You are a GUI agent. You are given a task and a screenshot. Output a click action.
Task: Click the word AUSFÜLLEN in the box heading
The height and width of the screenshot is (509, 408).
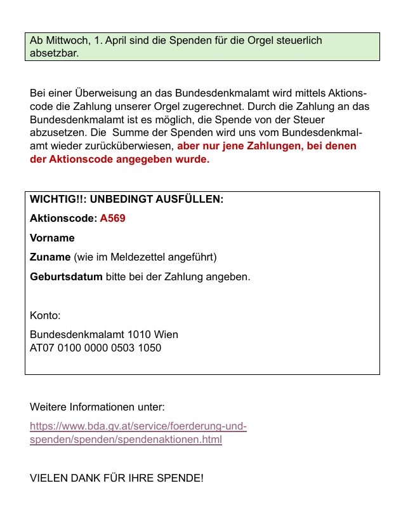192,199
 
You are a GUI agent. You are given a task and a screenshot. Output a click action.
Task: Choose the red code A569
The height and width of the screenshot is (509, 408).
113,219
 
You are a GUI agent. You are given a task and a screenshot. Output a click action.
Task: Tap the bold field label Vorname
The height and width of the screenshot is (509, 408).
52,238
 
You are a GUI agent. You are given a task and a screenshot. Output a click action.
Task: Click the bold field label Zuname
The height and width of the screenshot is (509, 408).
50,257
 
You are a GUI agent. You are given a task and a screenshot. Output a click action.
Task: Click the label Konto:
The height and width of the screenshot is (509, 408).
45,315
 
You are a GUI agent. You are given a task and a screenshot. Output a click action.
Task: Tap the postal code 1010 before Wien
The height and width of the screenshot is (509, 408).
138,334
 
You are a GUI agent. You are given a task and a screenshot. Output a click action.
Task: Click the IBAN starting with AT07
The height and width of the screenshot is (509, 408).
95,348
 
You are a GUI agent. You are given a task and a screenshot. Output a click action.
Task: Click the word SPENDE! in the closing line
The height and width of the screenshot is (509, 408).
181,477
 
